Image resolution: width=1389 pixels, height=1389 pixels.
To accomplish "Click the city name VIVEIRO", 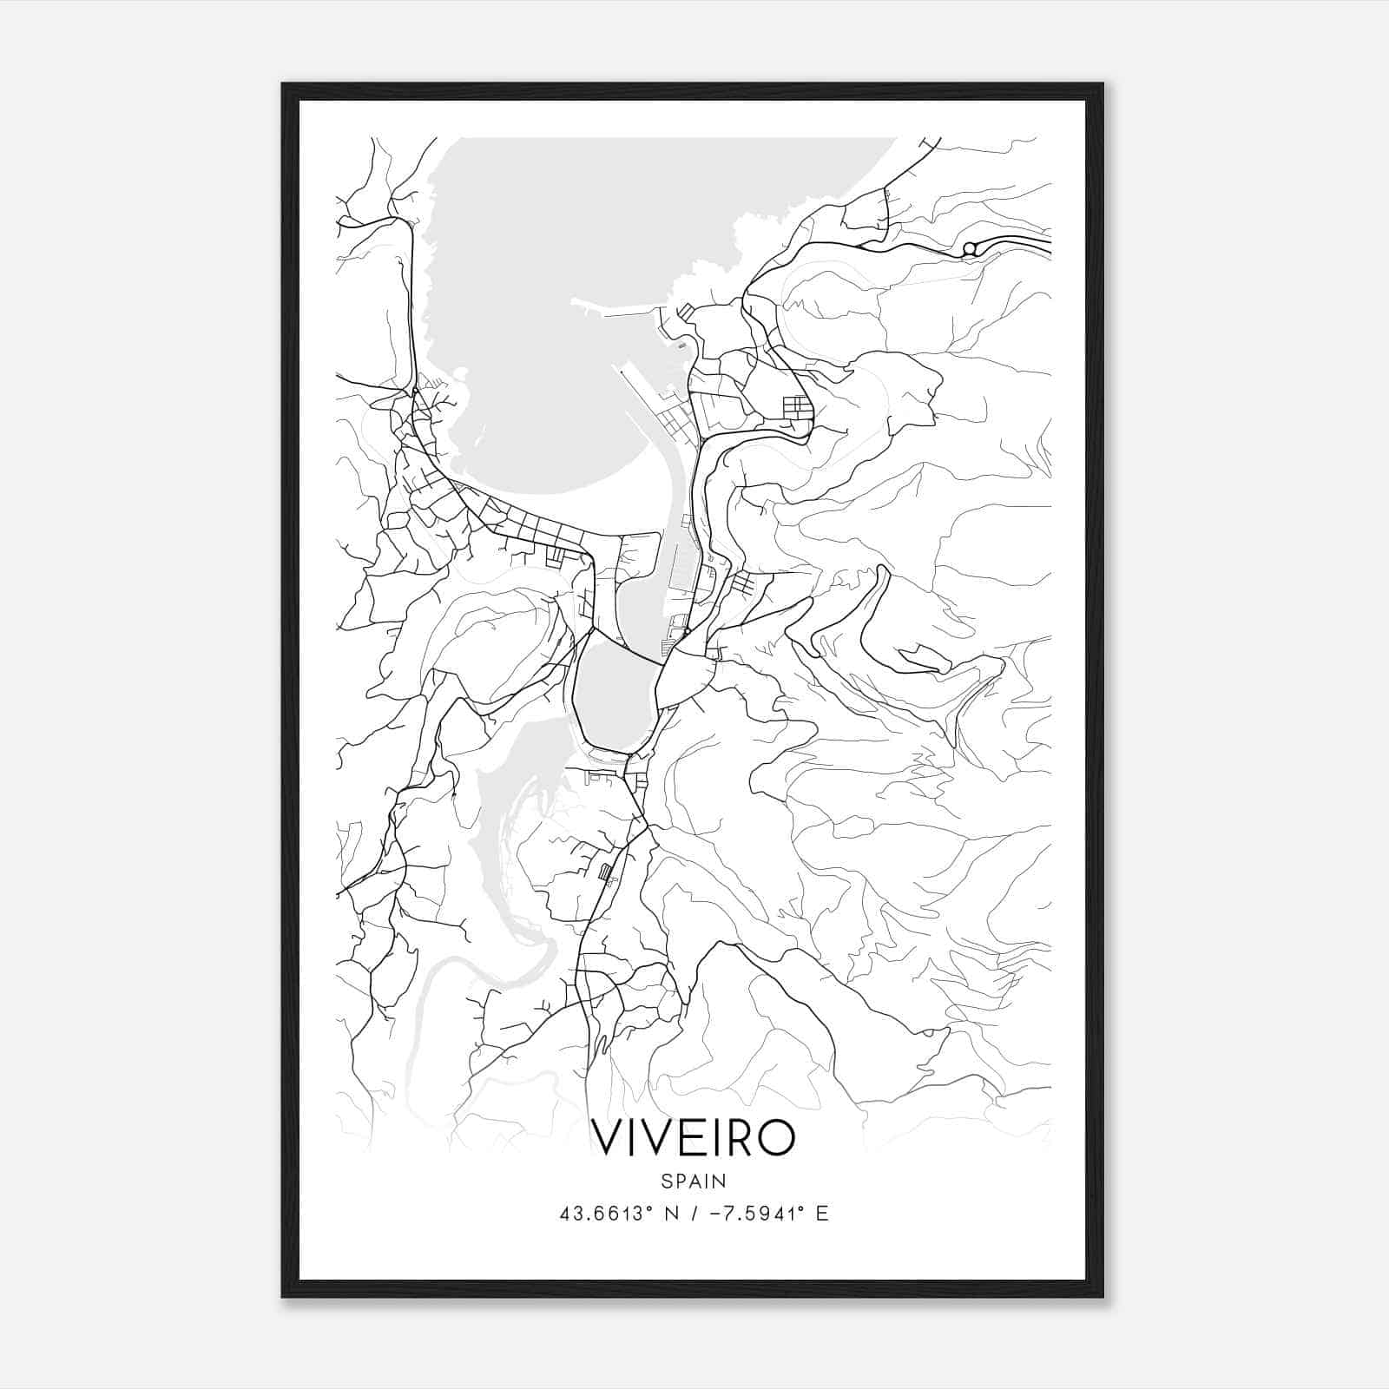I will pyautogui.click(x=693, y=1137).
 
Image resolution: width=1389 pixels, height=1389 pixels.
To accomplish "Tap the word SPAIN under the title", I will pyautogui.click(x=693, y=1181).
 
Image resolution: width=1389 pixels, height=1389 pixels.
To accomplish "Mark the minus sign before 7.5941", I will pyautogui.click(x=715, y=1214).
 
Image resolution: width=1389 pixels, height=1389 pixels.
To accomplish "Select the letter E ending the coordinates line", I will pyautogui.click(x=822, y=1214).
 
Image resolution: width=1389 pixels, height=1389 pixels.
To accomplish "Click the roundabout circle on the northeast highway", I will pyautogui.click(x=970, y=249).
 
